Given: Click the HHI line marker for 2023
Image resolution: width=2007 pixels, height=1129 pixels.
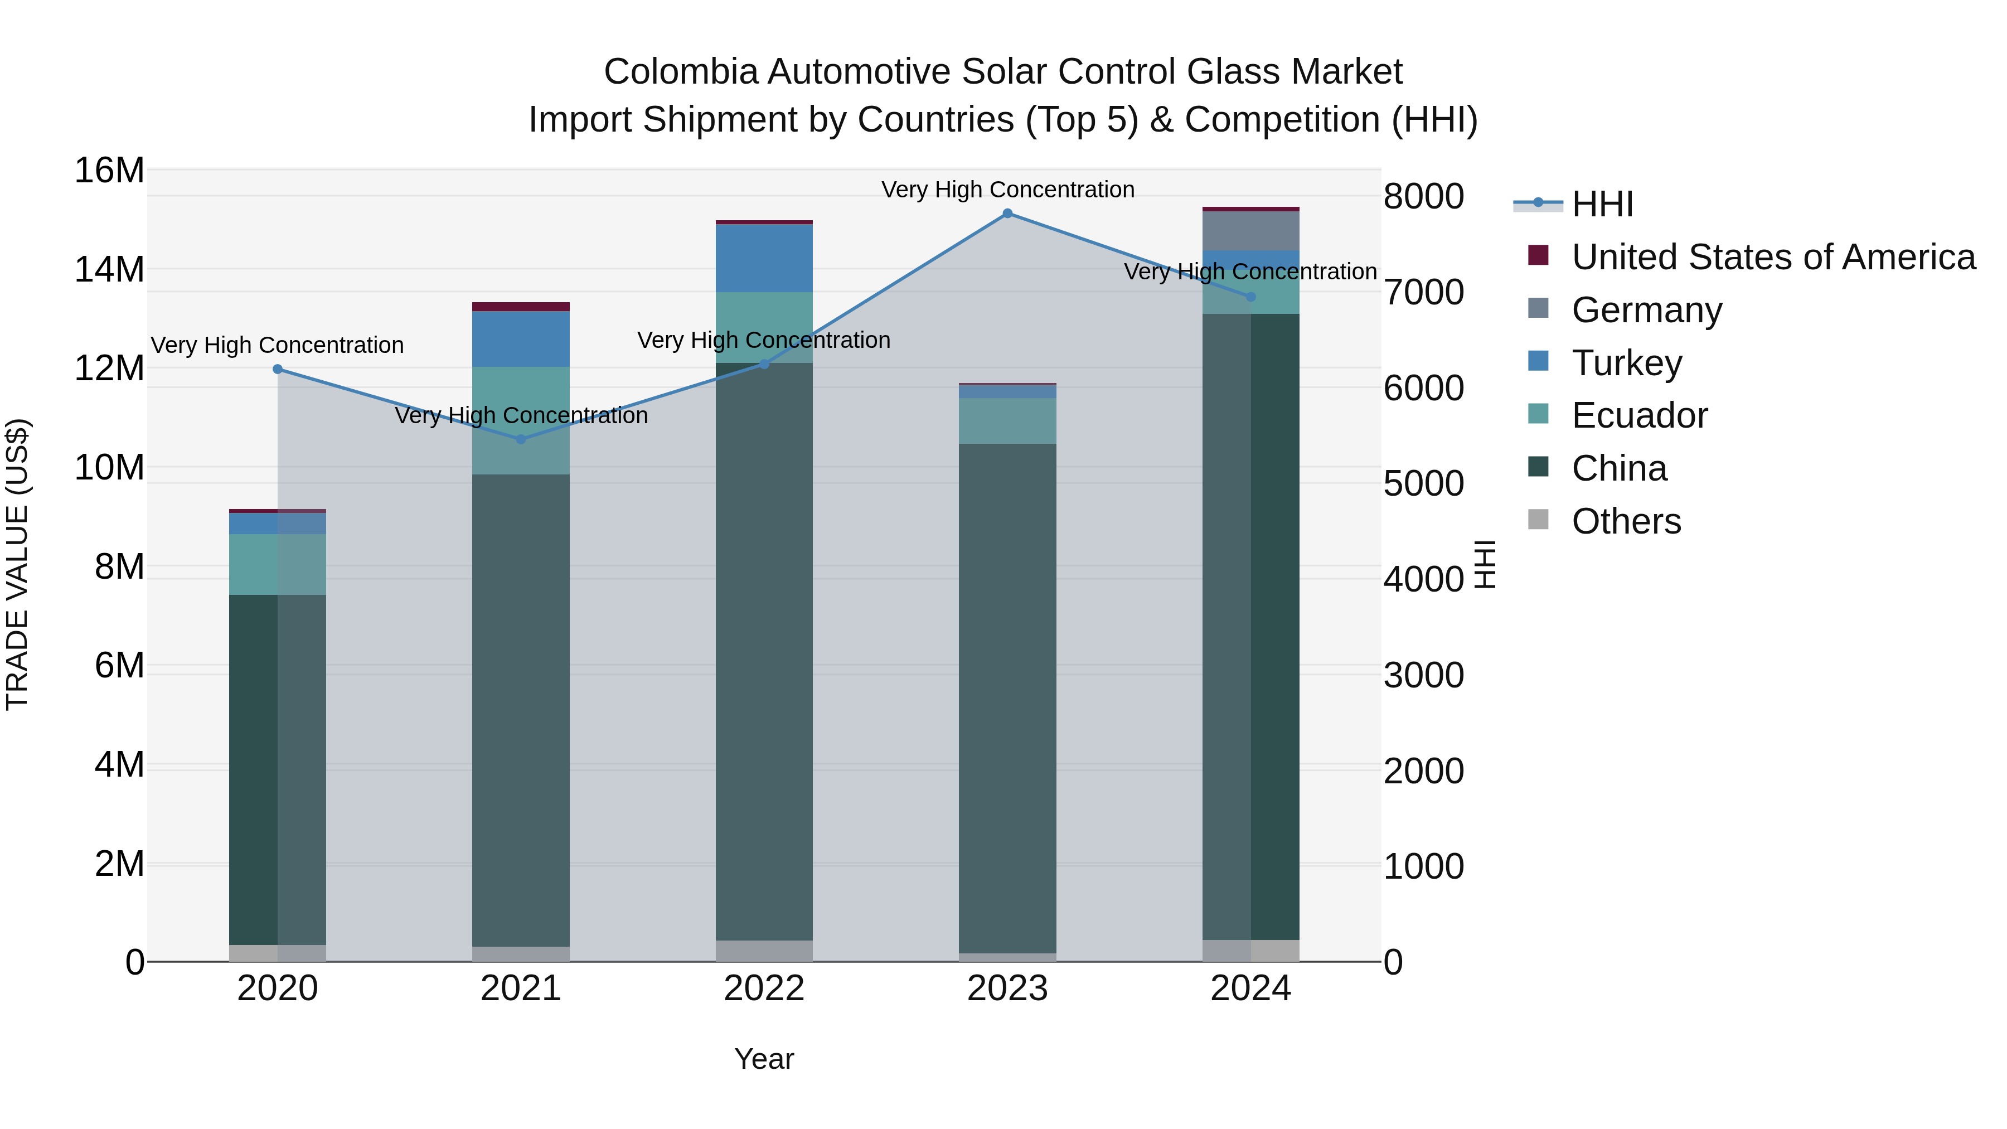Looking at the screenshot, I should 1007,214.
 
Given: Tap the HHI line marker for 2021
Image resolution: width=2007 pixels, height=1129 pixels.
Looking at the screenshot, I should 521,439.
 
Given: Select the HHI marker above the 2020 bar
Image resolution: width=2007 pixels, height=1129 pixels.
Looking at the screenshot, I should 278,369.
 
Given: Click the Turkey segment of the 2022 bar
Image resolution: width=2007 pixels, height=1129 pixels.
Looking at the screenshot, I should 764,258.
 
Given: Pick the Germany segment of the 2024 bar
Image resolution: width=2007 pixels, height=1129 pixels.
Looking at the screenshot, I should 1250,231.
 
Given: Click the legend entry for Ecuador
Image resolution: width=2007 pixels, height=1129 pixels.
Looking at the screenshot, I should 1638,415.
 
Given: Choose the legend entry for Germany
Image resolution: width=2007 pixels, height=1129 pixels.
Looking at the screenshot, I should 1646,310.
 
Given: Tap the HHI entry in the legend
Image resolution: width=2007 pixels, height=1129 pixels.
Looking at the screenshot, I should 1601,204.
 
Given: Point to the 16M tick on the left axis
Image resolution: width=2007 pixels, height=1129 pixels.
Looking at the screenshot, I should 109,171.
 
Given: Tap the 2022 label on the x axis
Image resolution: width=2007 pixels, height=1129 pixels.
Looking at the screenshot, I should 764,989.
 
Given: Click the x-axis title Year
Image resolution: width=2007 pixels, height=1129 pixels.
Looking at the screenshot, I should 764,1059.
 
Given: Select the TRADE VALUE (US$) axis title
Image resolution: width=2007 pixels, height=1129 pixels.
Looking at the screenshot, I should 17,564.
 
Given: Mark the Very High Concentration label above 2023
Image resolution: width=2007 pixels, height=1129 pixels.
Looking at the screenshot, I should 1007,190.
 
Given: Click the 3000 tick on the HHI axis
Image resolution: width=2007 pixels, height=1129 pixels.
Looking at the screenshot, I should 1423,676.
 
